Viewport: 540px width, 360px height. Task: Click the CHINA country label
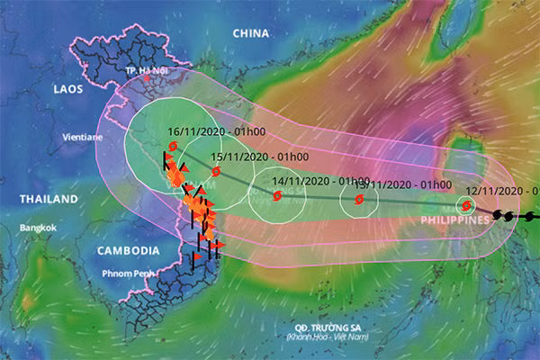pos(251,33)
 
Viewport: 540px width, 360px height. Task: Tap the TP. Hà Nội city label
pos(146,70)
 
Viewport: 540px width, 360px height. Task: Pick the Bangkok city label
pos(37,228)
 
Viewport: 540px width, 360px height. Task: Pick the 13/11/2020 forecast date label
pos(409,184)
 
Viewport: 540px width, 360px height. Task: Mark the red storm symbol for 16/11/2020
pos(172,146)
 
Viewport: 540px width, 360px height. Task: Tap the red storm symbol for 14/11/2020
pos(276,194)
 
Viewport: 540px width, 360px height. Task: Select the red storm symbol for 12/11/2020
pos(467,205)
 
